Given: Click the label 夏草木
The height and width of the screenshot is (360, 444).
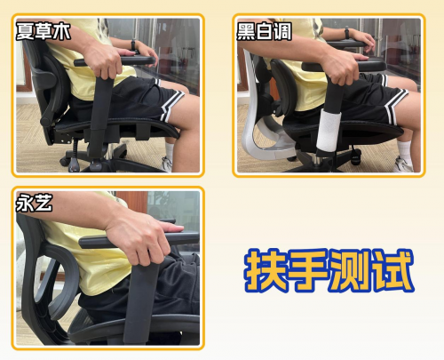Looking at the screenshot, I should tap(44, 33).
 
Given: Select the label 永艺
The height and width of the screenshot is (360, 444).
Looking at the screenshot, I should tap(35, 203).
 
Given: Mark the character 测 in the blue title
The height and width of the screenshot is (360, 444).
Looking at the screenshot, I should tap(350, 269).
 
